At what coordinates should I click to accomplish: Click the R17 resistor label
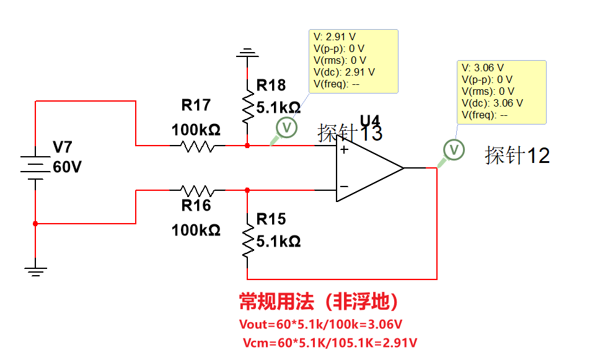click(196, 105)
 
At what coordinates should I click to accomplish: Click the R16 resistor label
click(196, 206)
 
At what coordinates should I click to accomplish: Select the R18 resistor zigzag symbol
click(247, 107)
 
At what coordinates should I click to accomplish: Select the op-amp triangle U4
click(369, 167)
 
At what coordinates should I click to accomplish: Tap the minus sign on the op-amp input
click(343, 186)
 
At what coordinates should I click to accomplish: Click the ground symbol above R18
click(247, 53)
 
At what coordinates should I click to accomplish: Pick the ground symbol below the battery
click(35, 269)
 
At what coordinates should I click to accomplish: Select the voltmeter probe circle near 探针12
click(454, 150)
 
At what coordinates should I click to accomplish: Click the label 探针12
click(517, 156)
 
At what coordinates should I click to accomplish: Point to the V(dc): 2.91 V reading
click(344, 72)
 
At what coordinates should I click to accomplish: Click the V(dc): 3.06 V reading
click(492, 103)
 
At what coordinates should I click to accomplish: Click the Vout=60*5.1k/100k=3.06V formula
click(320, 324)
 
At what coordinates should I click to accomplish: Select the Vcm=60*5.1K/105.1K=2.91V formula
click(328, 343)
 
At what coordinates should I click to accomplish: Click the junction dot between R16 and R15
click(247, 190)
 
